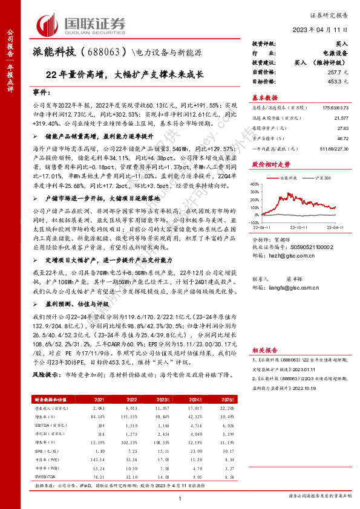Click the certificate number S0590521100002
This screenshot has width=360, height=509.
pos(309,264)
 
